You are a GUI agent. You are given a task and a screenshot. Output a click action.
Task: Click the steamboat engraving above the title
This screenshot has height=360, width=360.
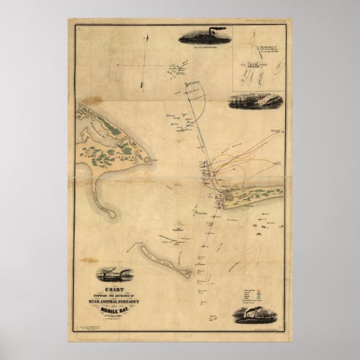113,274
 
